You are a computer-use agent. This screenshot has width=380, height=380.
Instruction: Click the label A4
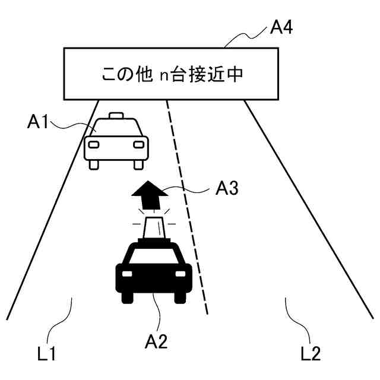click(281, 28)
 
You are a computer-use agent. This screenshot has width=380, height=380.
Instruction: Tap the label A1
click(37, 122)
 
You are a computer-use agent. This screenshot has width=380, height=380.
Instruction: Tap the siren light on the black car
click(154, 226)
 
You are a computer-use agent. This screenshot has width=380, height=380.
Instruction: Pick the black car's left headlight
click(127, 274)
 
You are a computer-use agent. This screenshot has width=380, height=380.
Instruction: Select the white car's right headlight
click(138, 144)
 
